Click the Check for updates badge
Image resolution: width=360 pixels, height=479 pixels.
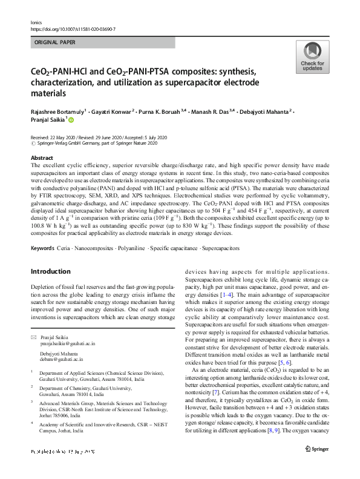point(313,58)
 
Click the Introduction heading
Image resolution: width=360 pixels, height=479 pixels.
point(51,271)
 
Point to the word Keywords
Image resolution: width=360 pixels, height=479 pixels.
point(44,248)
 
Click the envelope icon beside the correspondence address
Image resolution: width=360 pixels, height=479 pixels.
point(34,337)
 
